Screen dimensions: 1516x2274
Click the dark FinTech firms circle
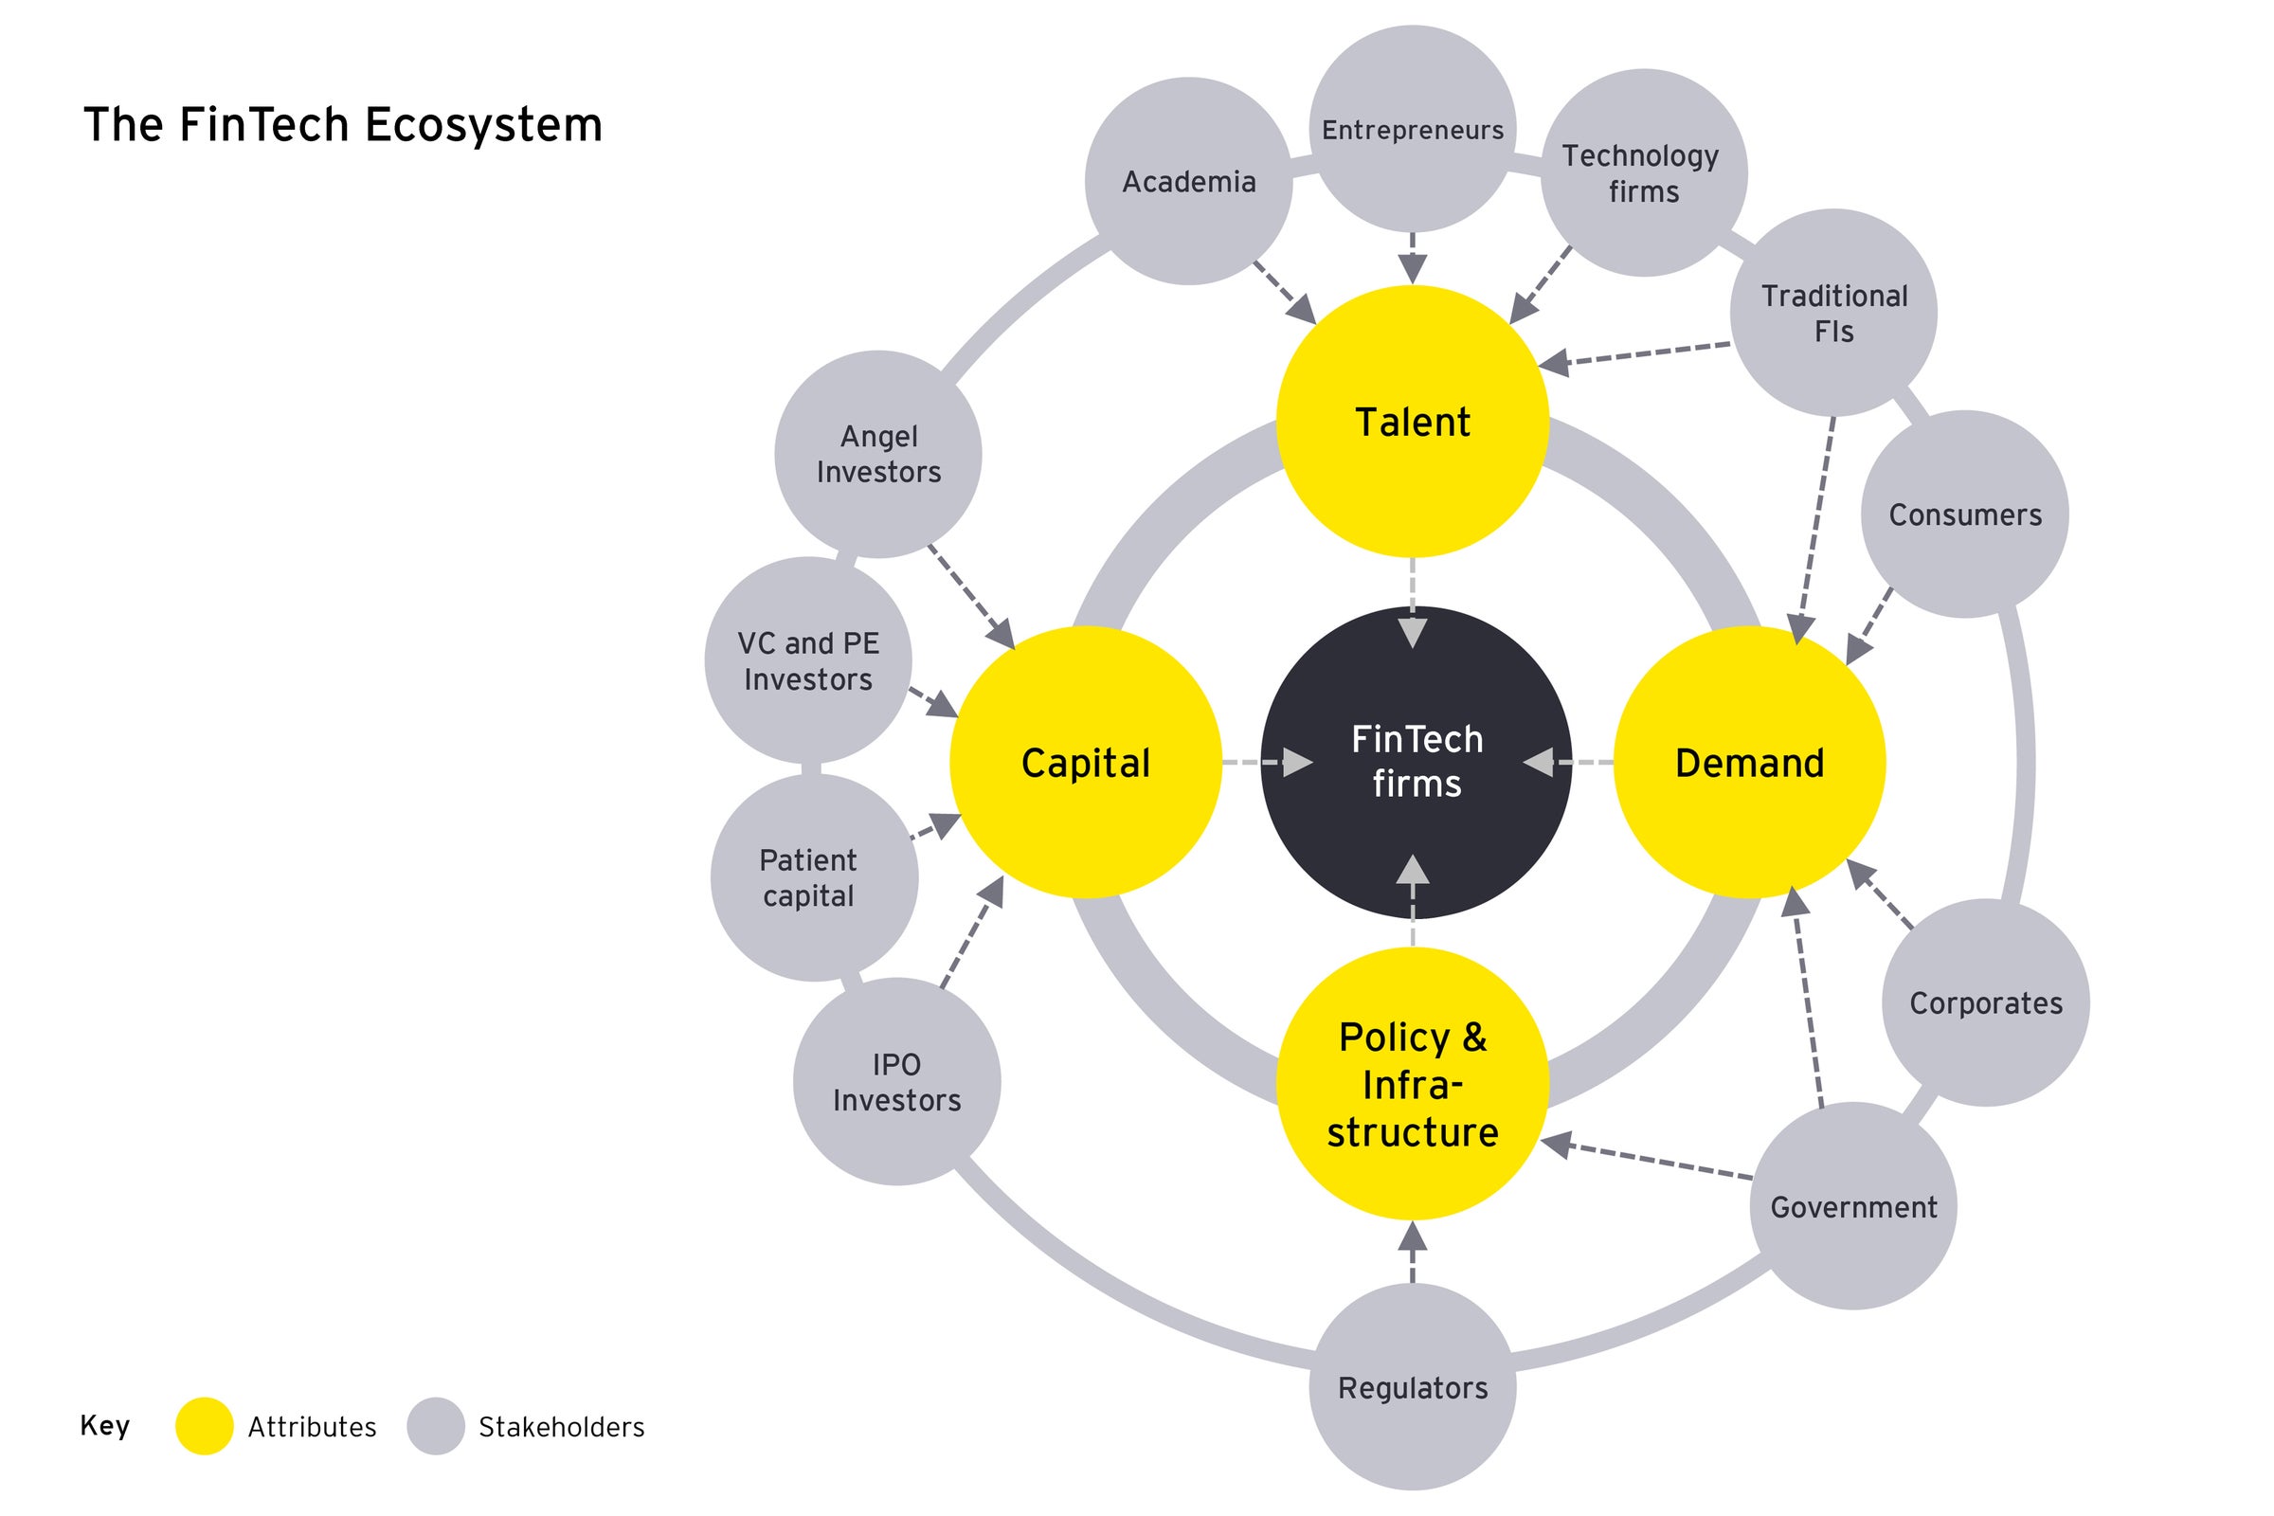1416,762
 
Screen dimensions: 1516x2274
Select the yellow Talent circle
1413,422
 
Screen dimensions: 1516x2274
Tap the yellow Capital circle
1086,762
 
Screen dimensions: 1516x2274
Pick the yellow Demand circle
1749,762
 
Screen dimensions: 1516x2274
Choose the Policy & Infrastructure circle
1413,1084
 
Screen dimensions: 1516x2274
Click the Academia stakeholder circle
1188,181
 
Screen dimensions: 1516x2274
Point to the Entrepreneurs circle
1413,129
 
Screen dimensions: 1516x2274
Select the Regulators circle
1413,1387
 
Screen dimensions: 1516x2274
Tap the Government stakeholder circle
1853,1206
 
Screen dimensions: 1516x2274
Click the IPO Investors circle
896,1082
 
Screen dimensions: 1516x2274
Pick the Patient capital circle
813,877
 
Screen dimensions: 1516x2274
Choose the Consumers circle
1964,514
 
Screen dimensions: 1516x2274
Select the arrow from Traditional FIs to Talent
1633,353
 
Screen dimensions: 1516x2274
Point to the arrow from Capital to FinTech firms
1267,762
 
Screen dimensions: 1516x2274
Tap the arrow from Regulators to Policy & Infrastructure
1413,1252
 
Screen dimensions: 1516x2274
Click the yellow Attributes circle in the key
204,1426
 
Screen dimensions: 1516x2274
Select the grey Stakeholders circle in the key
435,1426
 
